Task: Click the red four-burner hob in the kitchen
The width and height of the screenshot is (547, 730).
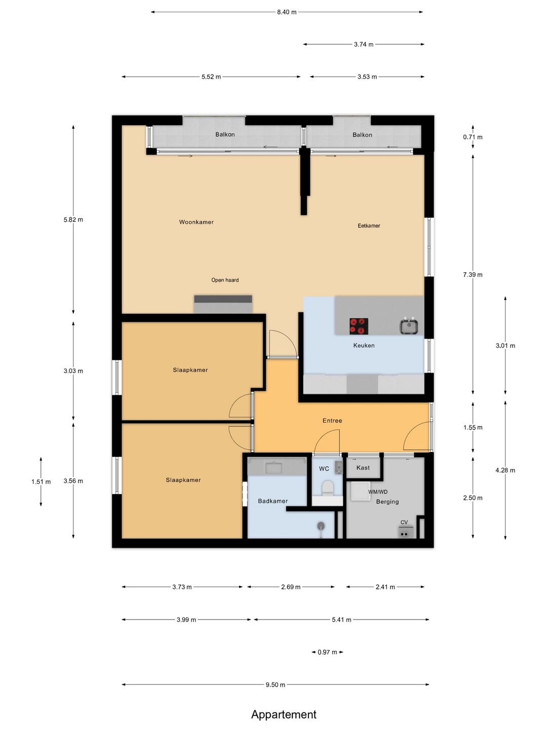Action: [x=359, y=326]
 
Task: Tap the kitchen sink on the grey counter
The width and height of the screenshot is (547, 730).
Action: [x=409, y=326]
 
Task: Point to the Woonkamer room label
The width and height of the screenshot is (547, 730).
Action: [x=197, y=222]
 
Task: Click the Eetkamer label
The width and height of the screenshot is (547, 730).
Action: [x=369, y=226]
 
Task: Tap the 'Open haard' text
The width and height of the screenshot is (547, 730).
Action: [x=225, y=280]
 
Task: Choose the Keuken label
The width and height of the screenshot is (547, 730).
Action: [x=364, y=346]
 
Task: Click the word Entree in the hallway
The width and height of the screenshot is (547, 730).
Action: [x=332, y=421]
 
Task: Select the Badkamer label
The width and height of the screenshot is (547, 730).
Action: [x=272, y=501]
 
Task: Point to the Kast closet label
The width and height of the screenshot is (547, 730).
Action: [x=363, y=468]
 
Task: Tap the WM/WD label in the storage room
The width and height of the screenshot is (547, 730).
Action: [x=378, y=492]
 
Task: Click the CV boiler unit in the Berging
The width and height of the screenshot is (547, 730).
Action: [x=406, y=532]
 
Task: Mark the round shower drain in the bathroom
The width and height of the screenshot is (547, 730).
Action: [x=321, y=526]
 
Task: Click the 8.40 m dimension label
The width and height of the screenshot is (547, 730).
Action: [x=287, y=12]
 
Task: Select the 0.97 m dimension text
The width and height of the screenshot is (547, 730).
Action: [x=327, y=652]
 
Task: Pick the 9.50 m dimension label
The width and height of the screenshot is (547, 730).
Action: [x=276, y=685]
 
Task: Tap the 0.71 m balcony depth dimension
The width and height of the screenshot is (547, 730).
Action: [x=473, y=137]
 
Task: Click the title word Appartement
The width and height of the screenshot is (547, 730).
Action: [x=284, y=714]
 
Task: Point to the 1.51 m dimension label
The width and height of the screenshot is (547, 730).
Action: [x=41, y=482]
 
